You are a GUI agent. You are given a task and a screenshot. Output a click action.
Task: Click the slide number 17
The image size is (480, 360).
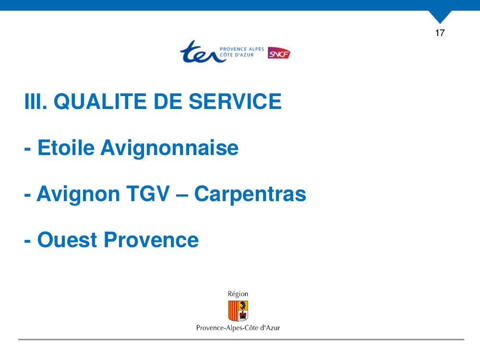[x=440, y=33]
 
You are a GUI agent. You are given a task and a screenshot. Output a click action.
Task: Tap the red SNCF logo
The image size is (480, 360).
[x=279, y=53]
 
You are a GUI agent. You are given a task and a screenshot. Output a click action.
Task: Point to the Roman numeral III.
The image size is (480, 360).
[x=36, y=101]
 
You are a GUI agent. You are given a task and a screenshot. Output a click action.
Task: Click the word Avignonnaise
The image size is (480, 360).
[x=169, y=149]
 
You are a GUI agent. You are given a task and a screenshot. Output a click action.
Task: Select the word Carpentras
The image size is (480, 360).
[x=250, y=195]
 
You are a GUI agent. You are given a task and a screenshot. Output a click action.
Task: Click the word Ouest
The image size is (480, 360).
[x=67, y=240]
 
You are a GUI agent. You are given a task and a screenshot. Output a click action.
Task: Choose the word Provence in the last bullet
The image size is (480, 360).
[x=151, y=240]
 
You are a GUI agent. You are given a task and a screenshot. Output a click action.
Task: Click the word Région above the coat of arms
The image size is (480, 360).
[x=238, y=294]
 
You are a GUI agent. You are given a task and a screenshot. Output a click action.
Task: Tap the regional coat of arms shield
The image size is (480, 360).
[x=238, y=311]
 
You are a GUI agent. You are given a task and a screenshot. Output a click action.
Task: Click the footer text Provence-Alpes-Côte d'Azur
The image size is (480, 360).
[x=238, y=328]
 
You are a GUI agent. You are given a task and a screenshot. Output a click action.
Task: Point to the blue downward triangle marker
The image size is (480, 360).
[x=440, y=16]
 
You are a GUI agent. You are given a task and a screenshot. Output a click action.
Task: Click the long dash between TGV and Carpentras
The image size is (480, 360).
[x=182, y=195]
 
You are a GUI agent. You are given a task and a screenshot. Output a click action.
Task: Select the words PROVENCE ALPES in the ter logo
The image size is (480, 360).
[x=242, y=49]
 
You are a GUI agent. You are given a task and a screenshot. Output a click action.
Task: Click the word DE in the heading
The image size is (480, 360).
[x=168, y=101]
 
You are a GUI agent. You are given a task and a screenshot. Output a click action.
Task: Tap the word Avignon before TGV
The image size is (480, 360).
[x=78, y=195]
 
